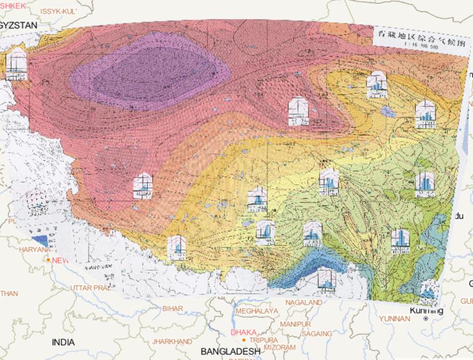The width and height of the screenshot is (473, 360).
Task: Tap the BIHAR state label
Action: [x=172, y=308]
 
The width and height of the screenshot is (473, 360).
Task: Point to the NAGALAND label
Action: [x=302, y=303]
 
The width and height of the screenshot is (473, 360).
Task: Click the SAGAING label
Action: [x=318, y=333]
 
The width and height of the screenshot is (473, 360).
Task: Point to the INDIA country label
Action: [x=63, y=342]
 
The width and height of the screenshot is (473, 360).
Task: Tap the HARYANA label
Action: [x=34, y=250]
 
